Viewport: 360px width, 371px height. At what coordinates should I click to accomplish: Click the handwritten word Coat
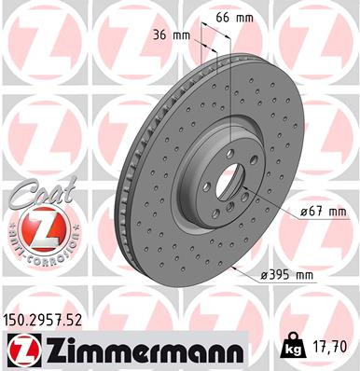coord(35,195)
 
